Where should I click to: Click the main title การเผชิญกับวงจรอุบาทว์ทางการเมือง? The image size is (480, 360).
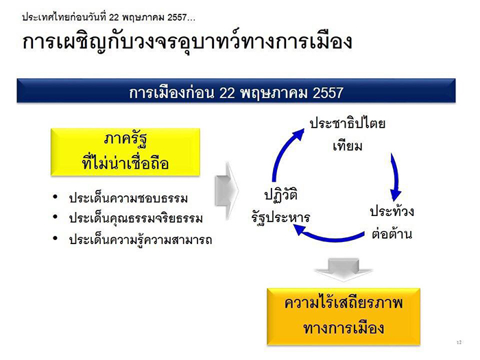tap(187, 43)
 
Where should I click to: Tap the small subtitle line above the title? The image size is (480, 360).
tap(108, 17)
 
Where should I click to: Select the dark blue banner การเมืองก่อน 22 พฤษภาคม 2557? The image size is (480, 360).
tap(236, 91)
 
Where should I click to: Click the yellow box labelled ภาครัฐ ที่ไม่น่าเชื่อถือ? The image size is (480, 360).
tap(125, 152)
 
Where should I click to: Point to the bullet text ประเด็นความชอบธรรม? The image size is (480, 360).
tap(128, 198)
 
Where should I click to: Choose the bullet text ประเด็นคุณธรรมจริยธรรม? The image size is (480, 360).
tap(136, 218)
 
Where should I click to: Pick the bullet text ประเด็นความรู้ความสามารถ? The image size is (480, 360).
tap(141, 239)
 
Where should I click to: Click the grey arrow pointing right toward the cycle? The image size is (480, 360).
tap(227, 191)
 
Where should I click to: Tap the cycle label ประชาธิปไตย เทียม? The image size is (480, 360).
tap(347, 134)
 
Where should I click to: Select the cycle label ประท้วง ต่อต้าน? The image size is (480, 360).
tap(392, 222)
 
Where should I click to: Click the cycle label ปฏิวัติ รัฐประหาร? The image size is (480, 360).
tap(280, 206)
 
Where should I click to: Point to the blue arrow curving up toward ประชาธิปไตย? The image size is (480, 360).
tap(282, 149)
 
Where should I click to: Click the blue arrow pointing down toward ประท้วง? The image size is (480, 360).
tap(396, 178)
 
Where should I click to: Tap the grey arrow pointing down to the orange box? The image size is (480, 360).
tap(344, 269)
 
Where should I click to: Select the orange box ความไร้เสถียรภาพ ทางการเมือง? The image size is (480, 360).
tap(344, 317)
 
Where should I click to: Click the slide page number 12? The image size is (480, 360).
tap(459, 342)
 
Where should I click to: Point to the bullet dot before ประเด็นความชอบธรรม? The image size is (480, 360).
tap(55, 197)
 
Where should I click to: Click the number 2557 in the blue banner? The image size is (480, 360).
tap(328, 93)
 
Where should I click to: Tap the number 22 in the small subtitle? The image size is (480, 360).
tap(114, 17)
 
